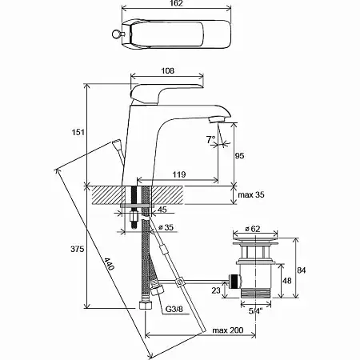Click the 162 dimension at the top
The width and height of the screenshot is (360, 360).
tap(176, 3)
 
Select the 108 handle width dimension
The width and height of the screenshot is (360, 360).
tap(168, 70)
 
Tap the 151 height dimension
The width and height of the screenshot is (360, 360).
tap(78, 132)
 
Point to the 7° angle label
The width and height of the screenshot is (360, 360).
tap(210, 139)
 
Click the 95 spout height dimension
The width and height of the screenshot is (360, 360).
tap(239, 156)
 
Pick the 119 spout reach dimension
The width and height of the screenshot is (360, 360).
tap(178, 174)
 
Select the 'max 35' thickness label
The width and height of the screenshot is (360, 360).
tap(251, 195)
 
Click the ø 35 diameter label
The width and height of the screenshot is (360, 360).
tap(166, 227)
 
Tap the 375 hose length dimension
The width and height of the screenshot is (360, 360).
tap(77, 249)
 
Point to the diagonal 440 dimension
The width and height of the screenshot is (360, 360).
tap(109, 264)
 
